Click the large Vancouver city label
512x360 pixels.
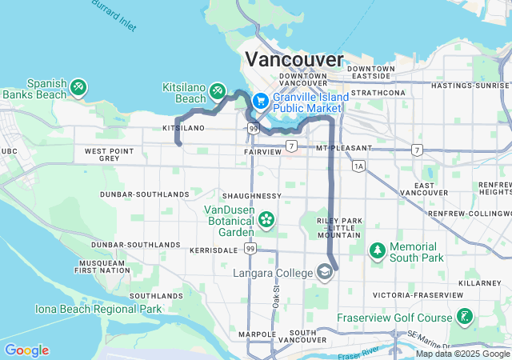click(294, 59)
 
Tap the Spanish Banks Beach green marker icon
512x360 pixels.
click(78, 87)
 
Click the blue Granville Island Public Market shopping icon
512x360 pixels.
click(260, 102)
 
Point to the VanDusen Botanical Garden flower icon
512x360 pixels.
click(266, 218)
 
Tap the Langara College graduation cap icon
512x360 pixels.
click(325, 274)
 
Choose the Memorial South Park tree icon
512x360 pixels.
click(377, 252)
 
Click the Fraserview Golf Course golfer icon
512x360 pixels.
click(464, 318)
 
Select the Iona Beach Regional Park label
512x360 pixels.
click(98, 309)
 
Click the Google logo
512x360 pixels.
click(26, 350)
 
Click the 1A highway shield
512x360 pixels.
click(358, 166)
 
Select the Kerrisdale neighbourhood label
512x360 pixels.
click(214, 250)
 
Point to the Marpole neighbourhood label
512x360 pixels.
click(257, 334)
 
